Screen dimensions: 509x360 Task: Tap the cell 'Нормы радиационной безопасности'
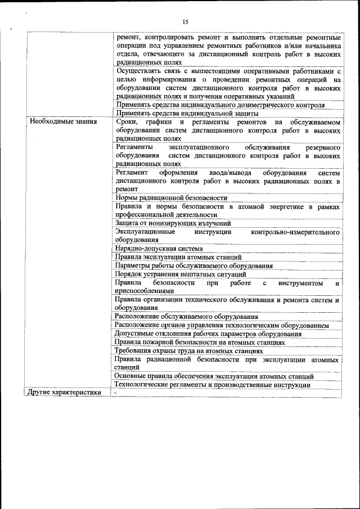tap(171, 197)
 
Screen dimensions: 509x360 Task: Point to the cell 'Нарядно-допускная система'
tap(159, 248)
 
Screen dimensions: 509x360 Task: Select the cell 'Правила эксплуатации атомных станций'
tap(178, 256)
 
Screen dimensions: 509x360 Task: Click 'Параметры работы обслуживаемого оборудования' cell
tap(193, 265)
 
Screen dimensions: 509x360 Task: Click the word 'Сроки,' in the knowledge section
tap(125, 121)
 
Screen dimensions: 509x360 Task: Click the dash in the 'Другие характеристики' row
tap(115, 392)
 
